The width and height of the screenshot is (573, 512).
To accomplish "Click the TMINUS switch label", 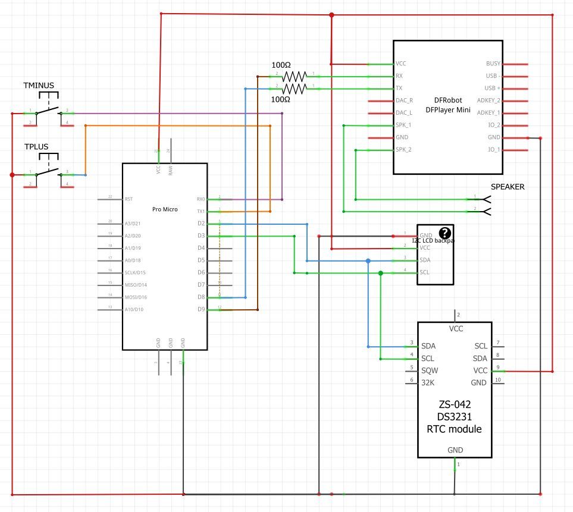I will pyautogui.click(x=39, y=85).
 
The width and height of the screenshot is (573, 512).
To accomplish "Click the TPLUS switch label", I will pyautogui.click(x=36, y=146).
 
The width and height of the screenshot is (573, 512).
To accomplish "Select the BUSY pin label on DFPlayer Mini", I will pyautogui.click(x=493, y=64).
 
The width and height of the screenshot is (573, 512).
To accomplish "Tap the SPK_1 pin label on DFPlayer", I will pyautogui.click(x=403, y=125).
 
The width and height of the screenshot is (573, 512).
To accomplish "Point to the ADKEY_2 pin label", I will pyautogui.click(x=489, y=100).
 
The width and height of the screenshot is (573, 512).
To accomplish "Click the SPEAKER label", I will pyautogui.click(x=508, y=187).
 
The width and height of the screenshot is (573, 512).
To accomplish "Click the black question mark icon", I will pyautogui.click(x=444, y=233).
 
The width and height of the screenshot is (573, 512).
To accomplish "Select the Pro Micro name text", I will pyautogui.click(x=165, y=209).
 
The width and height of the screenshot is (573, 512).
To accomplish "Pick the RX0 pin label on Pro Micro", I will pyautogui.click(x=201, y=199).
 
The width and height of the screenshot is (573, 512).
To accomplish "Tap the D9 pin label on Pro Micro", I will pyautogui.click(x=201, y=309).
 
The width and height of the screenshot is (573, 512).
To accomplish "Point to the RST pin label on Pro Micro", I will pyautogui.click(x=129, y=199).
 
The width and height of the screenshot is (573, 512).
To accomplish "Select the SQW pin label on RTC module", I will pyautogui.click(x=429, y=370).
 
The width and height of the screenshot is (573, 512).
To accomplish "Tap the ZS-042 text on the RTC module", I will pyautogui.click(x=455, y=404).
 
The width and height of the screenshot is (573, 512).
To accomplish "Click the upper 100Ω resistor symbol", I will pyautogui.click(x=295, y=76).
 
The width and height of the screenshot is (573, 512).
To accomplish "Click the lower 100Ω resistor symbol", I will pyautogui.click(x=295, y=89).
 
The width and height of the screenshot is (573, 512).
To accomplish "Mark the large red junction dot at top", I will pyautogui.click(x=332, y=15).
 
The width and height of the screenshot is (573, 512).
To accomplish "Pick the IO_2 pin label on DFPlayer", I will pyautogui.click(x=493, y=125).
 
